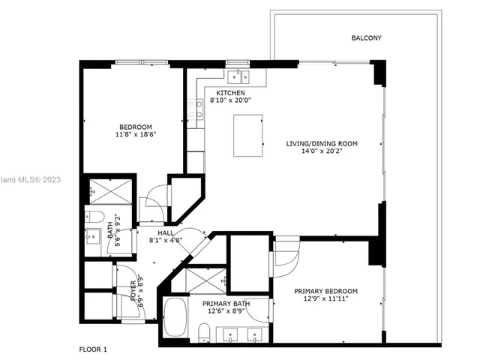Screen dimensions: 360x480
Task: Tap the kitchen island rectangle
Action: point(247,135)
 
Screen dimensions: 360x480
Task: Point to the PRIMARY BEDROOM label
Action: point(325,291)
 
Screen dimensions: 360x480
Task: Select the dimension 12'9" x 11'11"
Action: point(325,299)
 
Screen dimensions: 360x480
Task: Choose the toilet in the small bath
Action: point(93,217)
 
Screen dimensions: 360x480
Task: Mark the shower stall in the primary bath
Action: point(205,281)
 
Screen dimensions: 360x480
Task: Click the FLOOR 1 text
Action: point(94,349)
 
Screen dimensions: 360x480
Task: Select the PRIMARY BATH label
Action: point(225,304)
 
